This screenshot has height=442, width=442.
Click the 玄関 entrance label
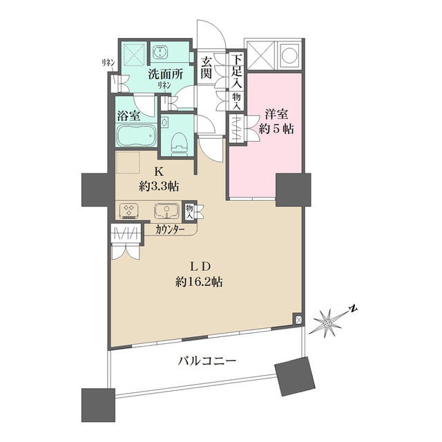(x=206, y=68)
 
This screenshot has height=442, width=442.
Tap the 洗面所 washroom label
(x=166, y=75)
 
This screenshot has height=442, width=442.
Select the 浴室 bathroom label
(x=128, y=116)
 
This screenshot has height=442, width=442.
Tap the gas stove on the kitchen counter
(x=130, y=210)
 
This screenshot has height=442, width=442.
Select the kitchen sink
(x=167, y=211)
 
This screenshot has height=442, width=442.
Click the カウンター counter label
(x=170, y=230)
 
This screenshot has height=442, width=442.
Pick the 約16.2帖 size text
(x=199, y=281)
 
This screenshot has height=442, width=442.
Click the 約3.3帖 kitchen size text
(x=160, y=186)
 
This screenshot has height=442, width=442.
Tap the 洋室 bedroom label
(x=276, y=115)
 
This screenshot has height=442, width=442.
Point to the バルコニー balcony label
(x=206, y=361)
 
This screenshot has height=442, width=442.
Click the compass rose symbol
(x=327, y=323)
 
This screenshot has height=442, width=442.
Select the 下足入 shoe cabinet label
(x=237, y=69)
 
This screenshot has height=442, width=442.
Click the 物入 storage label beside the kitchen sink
(x=189, y=212)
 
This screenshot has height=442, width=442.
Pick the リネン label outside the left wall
(x=108, y=63)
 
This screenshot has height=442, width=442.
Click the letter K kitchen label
(x=157, y=171)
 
